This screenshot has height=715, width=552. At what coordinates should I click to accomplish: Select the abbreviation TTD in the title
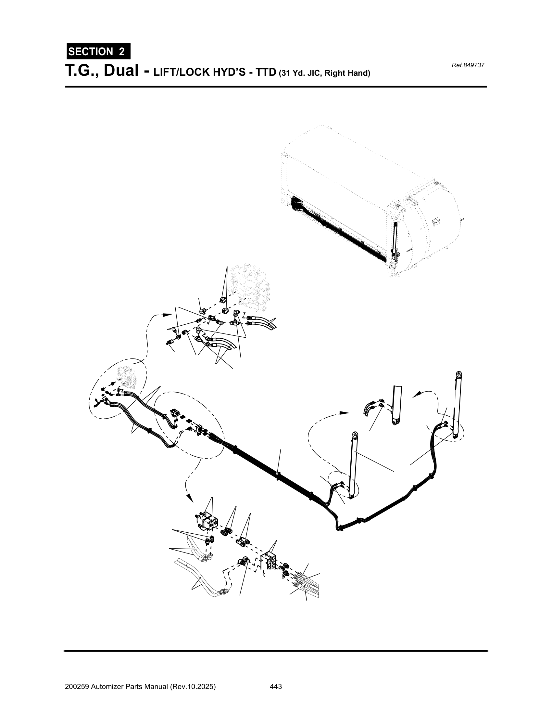(266, 72)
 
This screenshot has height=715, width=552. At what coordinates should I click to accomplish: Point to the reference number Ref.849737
(468, 65)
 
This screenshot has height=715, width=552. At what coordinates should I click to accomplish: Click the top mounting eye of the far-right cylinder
(459, 374)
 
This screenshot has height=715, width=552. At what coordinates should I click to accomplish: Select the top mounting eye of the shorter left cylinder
(355, 435)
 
